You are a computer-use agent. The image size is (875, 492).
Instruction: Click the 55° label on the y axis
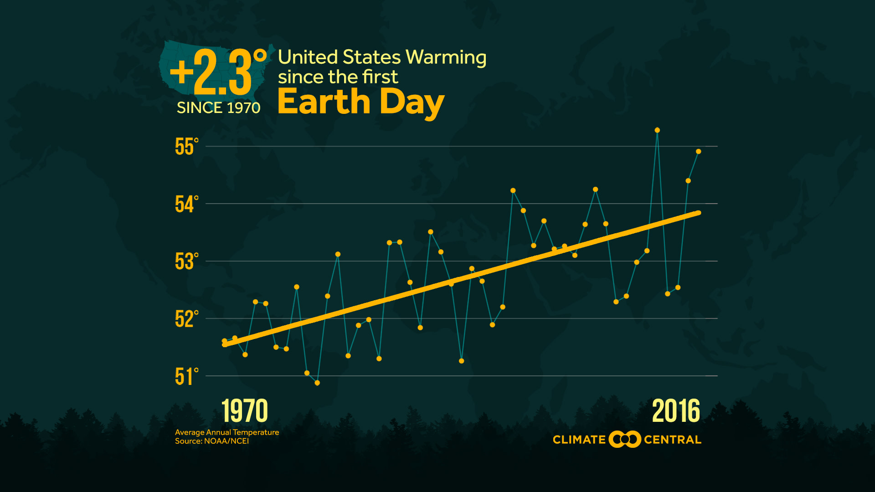(186, 147)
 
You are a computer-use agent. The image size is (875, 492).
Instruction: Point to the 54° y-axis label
(186, 204)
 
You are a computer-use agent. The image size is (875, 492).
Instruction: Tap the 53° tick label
(186, 261)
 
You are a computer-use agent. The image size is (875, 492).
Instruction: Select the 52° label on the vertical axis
(186, 319)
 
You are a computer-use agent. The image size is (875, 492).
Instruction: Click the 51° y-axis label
(186, 377)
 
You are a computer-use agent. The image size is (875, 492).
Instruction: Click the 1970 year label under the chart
(245, 411)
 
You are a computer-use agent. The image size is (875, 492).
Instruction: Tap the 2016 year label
(676, 411)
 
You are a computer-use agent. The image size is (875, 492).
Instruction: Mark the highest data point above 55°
(657, 130)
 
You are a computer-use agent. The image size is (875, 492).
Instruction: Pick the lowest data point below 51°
(317, 383)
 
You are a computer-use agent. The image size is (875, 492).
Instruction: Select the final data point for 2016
(698, 152)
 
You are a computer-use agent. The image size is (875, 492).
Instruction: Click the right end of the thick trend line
(698, 213)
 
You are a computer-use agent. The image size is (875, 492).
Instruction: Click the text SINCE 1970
(218, 108)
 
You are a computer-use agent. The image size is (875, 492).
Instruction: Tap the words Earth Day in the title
(360, 102)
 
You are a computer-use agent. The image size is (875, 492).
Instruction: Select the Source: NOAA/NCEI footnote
(212, 441)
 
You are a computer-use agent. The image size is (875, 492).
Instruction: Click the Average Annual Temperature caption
(227, 432)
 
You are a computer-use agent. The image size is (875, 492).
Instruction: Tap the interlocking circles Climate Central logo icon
(625, 440)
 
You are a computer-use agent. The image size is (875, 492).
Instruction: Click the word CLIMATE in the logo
(579, 440)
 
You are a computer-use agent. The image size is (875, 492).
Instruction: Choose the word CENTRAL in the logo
(672, 440)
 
